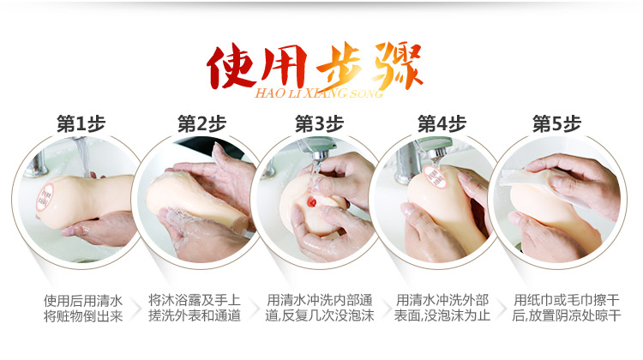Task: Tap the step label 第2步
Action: (202, 123)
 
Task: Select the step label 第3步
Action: (319, 123)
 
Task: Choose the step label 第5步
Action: (557, 123)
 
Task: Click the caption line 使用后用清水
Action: (83, 301)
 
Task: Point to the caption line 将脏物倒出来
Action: (83, 317)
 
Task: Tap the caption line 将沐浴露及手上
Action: (201, 301)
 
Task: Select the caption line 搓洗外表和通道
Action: (201, 317)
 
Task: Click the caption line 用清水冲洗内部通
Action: (320, 301)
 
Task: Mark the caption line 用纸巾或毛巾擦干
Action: (559, 301)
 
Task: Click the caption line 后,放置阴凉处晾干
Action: (559, 317)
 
